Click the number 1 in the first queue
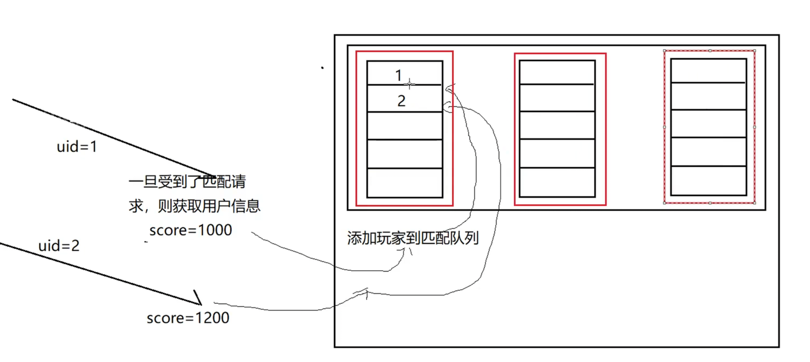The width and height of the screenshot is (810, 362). pos(398,75)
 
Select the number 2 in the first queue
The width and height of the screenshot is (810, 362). pos(401,101)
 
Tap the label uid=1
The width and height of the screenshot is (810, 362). pos(77,147)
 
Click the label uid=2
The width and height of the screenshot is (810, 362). pos(59,246)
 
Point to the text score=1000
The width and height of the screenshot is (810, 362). pos(191,230)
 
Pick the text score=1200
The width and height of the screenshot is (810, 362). pos(188,318)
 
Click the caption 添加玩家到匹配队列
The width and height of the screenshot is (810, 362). pos(413,238)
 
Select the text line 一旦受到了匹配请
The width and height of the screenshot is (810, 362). pos(187,182)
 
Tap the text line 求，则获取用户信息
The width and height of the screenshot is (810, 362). pos(194,206)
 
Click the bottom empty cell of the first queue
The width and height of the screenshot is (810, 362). pos(405,182)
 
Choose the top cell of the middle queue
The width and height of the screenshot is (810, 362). pos(557,73)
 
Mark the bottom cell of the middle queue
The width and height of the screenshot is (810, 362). pos(557,182)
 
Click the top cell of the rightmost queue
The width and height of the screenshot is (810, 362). pos(708,71)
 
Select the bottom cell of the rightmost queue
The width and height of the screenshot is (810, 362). pos(708,181)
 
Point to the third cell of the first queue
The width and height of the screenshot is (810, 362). pos(405,126)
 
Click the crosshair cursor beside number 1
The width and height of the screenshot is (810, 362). pos(409,84)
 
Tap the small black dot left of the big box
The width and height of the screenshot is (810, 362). pos(322,68)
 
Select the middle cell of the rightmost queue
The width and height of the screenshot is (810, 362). pos(708,123)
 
